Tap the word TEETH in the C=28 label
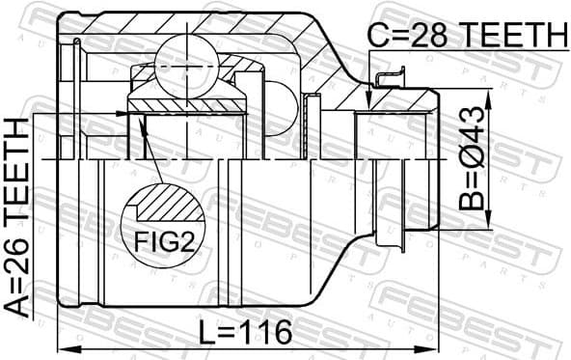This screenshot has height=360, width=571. click(513, 36)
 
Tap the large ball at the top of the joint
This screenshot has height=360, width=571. click(190, 56)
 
